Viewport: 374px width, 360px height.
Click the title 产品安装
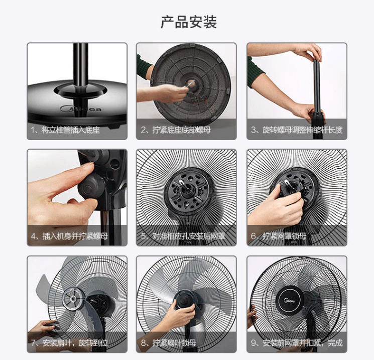pos(189,22)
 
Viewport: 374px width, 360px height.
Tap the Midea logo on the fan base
pos(81,109)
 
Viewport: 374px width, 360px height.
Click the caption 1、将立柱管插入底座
pos(65,130)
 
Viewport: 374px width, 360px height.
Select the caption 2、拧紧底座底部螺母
pos(176,130)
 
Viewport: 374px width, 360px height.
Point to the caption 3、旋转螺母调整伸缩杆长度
pos(297,130)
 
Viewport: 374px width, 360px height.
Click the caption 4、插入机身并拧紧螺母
pos(69,236)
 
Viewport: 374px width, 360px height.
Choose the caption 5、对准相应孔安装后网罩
pos(183,236)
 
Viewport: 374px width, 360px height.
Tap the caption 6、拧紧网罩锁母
pos(279,236)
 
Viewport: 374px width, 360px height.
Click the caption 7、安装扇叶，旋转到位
pos(69,343)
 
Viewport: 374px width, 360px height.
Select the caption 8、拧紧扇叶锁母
pos(169,343)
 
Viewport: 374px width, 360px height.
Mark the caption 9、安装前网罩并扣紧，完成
pos(297,343)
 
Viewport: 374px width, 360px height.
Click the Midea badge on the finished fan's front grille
pos(290,301)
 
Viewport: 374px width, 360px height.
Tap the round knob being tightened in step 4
pos(91,187)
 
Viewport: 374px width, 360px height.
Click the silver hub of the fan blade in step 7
pos(73,299)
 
